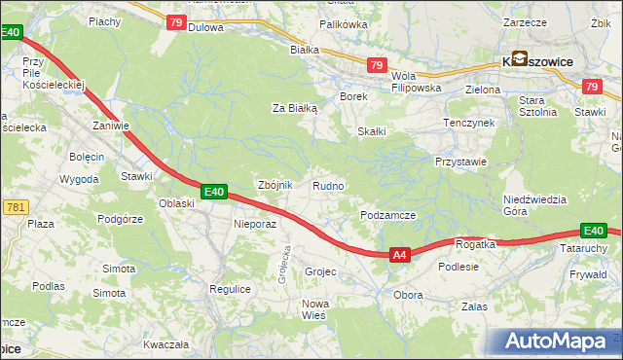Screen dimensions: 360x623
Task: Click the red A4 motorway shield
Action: (399, 255)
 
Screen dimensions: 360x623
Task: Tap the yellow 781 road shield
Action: (15, 207)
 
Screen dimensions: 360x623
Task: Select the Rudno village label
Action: (327, 186)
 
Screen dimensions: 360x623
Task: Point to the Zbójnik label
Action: (274, 185)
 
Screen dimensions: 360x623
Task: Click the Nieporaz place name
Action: (256, 223)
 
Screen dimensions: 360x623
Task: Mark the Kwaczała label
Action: (165, 344)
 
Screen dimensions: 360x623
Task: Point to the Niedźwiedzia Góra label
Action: (534, 204)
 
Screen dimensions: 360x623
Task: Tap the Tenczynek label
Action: (470, 124)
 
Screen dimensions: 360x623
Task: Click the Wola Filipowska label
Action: (417, 81)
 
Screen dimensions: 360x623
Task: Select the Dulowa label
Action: (205, 27)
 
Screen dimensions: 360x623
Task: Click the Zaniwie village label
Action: (111, 126)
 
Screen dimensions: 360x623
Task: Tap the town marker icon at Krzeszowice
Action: (519, 58)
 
